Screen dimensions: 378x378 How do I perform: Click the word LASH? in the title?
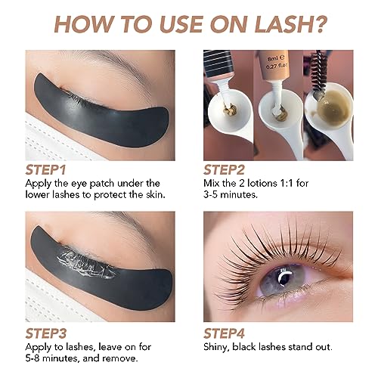click(290, 24)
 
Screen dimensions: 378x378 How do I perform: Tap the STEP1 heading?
click(45, 169)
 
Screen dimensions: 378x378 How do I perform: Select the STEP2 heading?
click(224, 169)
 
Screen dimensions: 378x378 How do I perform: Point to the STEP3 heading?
click(46, 333)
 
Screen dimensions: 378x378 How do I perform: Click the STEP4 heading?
click(224, 333)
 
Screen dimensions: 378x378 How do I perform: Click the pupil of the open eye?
click(286, 279)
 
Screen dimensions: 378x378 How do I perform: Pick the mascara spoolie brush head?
click(319, 68)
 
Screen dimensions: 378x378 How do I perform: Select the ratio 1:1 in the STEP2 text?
click(287, 183)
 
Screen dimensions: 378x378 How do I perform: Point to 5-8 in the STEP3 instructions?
click(33, 358)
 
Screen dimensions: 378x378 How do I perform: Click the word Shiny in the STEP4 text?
click(216, 347)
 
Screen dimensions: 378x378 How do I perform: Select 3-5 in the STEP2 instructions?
click(210, 194)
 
